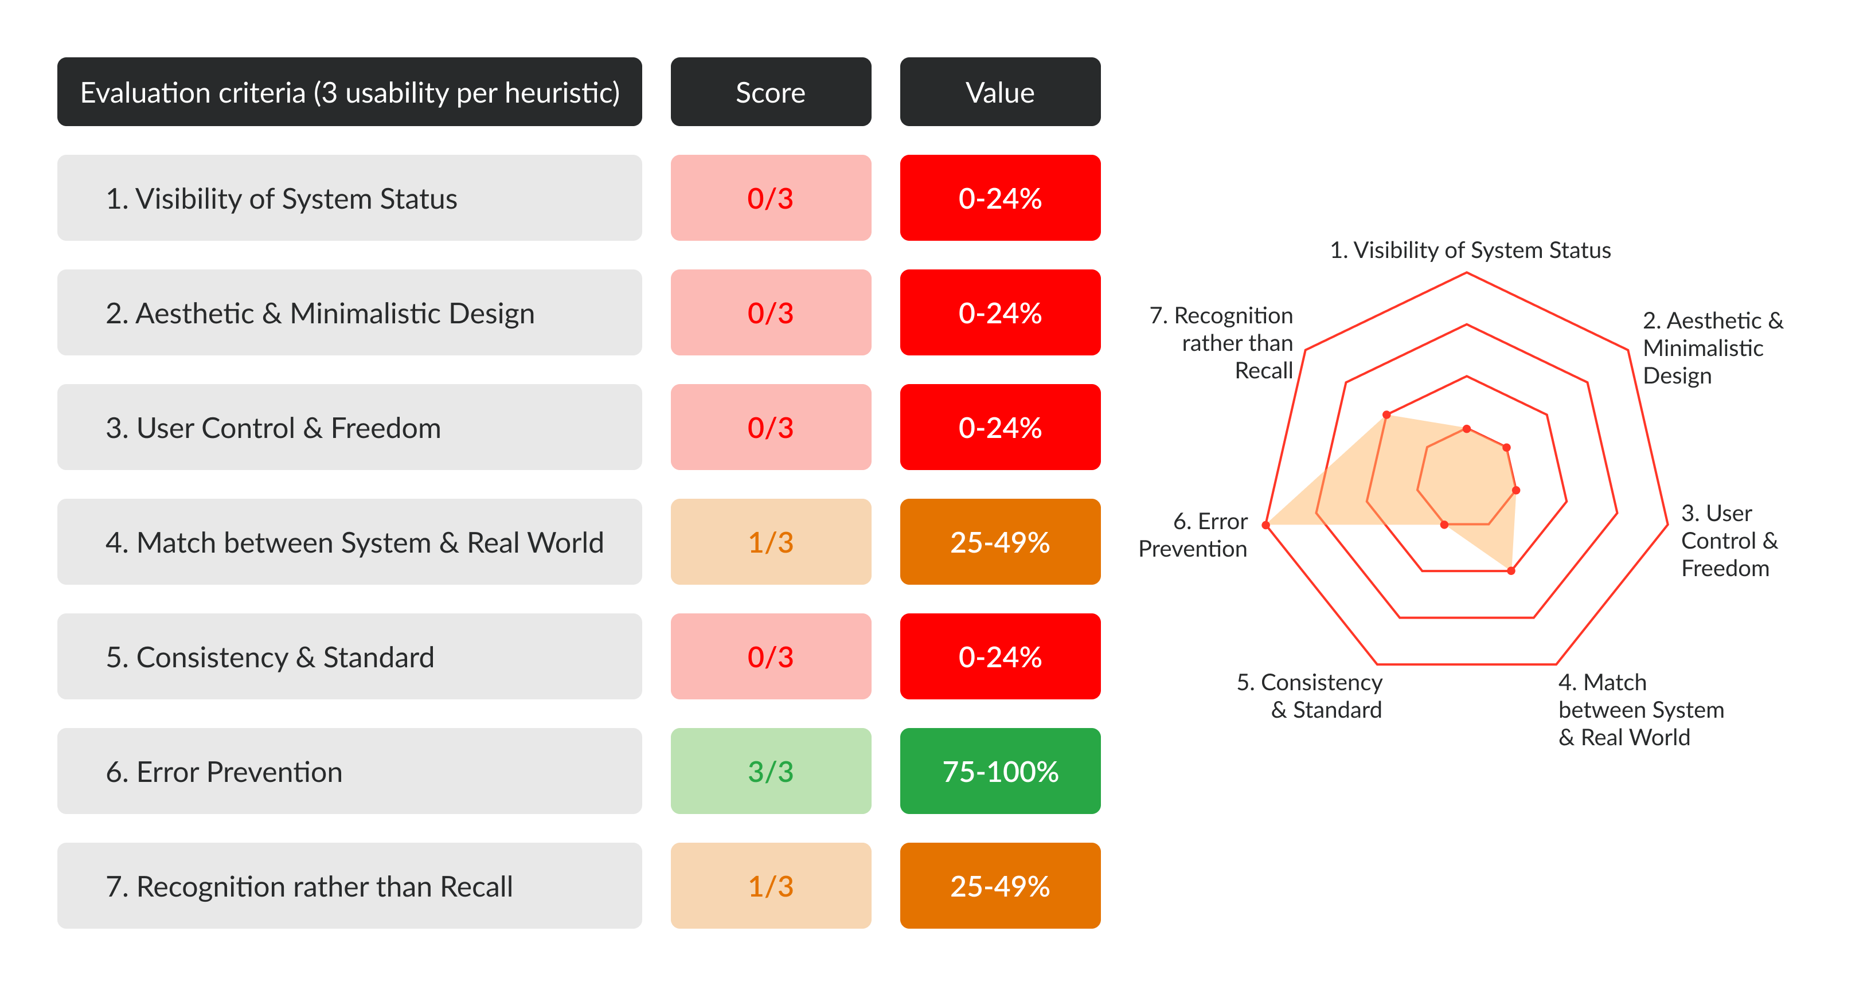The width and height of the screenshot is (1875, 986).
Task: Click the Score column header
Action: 770,92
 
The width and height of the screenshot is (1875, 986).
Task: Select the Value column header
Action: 999,92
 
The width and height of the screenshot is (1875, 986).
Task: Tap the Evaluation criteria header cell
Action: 349,92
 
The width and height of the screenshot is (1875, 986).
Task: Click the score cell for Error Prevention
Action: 770,772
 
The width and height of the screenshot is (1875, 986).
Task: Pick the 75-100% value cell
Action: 999,772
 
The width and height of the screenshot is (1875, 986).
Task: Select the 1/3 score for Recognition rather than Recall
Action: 770,886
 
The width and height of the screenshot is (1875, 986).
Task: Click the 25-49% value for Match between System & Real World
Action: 999,542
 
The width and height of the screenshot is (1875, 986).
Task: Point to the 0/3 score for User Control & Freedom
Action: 770,428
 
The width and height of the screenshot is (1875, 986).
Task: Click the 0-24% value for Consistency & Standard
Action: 999,657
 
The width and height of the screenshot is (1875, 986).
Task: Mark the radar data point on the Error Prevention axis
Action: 1267,525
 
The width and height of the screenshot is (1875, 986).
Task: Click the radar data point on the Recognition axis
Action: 1386,415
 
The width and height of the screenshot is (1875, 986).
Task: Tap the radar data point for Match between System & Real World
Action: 1511,571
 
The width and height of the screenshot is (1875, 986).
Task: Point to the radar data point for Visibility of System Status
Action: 1467,429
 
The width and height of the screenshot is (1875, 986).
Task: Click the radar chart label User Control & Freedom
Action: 1729,541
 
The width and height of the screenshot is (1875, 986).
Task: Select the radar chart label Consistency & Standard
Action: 1310,696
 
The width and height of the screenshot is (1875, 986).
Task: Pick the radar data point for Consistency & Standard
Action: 1445,525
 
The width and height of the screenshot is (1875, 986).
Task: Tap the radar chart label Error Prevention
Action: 1194,535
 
